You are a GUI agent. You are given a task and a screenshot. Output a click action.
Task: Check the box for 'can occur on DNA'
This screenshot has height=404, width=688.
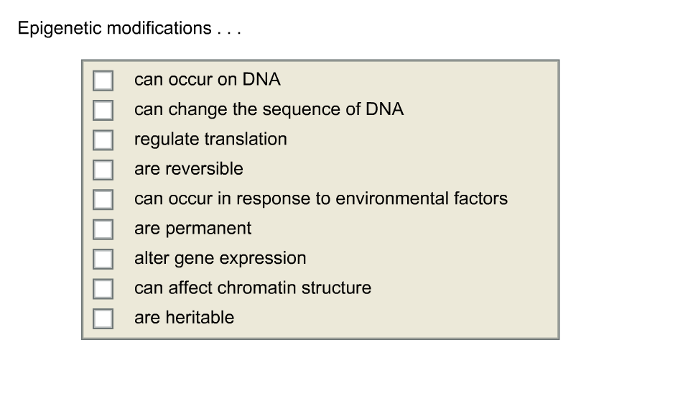click(103, 80)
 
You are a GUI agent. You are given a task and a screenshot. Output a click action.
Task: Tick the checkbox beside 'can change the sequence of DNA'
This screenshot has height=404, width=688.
click(103, 110)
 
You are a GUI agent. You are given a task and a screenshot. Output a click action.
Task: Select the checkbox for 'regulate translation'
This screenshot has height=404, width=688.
click(103, 139)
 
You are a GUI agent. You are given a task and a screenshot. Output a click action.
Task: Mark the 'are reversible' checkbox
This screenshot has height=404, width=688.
click(103, 169)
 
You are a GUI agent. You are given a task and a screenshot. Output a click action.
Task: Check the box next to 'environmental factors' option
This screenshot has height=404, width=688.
click(103, 199)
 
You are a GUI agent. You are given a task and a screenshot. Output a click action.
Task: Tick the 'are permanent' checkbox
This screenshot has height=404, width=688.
click(103, 229)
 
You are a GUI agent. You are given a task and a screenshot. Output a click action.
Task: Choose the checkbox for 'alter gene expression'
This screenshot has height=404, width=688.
click(103, 259)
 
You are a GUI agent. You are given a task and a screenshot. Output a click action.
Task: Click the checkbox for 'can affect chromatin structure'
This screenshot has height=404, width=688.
click(103, 288)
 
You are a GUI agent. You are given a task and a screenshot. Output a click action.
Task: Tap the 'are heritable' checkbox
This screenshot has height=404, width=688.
click(103, 318)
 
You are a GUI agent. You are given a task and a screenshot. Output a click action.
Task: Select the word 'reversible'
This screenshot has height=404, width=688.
click(205, 169)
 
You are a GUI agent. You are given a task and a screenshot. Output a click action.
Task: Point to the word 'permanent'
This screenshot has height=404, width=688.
click(209, 229)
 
